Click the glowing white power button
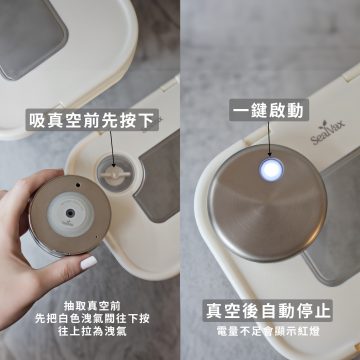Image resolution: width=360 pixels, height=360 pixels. tap(271, 170)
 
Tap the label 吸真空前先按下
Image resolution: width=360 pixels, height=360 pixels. tap(92, 120)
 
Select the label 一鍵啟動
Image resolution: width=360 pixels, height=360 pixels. tap(268, 110)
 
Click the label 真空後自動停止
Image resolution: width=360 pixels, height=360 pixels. tap(268, 310)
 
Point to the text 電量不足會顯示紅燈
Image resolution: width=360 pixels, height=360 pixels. tap(268, 332)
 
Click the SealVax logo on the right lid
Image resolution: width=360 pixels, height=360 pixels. tap(328, 132)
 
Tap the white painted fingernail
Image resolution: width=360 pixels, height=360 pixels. tap(88, 263)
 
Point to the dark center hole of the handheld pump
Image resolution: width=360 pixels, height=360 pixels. tap(70, 213)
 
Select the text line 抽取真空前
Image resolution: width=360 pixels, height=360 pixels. tap(92, 305)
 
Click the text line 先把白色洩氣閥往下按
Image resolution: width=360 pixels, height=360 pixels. tap(92, 319)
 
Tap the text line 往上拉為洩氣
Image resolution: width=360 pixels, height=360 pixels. tap(92, 332)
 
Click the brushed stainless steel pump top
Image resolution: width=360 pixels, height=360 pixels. tap(267, 203)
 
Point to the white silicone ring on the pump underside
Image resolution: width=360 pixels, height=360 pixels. tap(70, 214)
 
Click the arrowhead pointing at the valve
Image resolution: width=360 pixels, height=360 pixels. tap(113, 164)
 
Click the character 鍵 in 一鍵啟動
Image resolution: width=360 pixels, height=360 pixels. tap(260, 110)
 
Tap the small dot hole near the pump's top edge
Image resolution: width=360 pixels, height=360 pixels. tap(78, 185)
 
